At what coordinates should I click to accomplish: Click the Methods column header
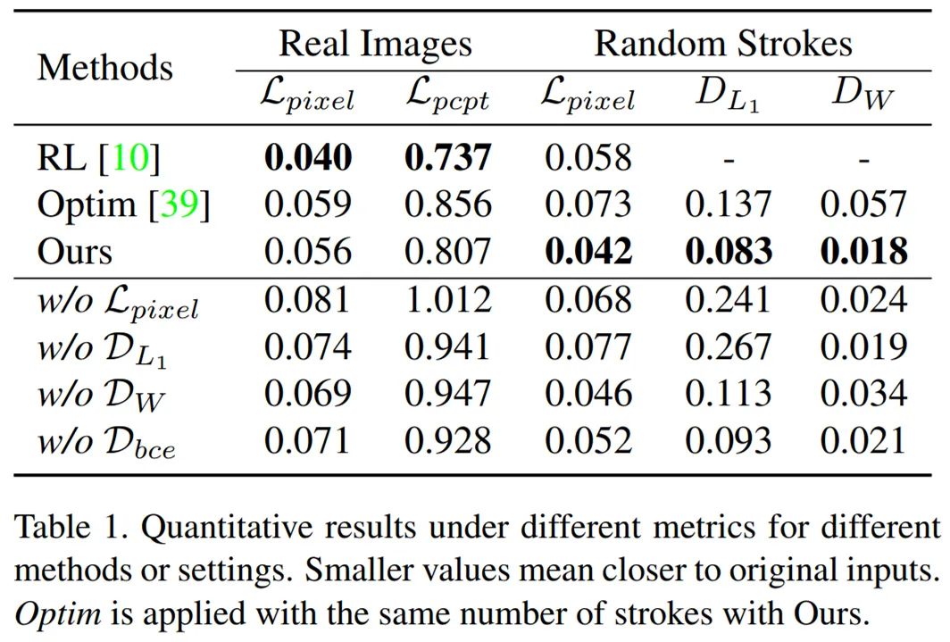point(105,67)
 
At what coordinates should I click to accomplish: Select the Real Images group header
point(375,43)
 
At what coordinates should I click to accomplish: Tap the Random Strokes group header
point(723,43)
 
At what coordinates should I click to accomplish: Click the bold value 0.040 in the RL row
point(307,158)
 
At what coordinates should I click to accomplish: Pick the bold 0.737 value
point(447,158)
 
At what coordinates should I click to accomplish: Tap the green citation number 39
point(179,204)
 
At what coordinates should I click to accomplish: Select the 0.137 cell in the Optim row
point(728,204)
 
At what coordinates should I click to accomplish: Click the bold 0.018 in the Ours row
point(863,251)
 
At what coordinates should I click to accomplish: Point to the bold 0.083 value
point(728,251)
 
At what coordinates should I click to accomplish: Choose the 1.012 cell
point(447,300)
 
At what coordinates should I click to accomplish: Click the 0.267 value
point(728,346)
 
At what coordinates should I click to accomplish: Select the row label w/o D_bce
point(105,442)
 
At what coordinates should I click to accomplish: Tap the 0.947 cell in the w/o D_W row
point(447,393)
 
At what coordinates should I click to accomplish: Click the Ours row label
point(75,251)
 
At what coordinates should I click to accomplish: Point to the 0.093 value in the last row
point(728,440)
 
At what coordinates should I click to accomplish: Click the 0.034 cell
point(863,393)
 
